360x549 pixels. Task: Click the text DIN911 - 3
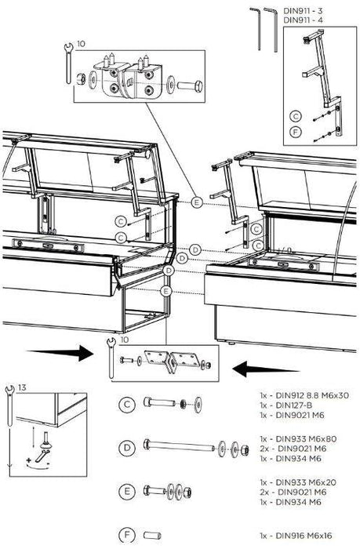303,10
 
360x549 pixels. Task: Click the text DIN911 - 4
303,20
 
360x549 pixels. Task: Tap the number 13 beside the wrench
22,387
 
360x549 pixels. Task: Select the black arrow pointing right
60,353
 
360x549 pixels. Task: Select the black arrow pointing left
266,369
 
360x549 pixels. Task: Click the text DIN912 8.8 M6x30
304,395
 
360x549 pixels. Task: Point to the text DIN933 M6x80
298,438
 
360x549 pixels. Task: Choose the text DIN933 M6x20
298,482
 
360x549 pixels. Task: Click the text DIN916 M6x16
296,536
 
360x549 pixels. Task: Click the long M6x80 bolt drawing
179,446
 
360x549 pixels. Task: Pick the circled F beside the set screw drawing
127,536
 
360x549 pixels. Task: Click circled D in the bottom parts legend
127,448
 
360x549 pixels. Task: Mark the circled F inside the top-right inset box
296,132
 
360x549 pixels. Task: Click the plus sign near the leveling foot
29,460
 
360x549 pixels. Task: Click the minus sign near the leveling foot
48,464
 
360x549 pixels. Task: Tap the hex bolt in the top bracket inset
190,85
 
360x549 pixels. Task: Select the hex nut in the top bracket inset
81,78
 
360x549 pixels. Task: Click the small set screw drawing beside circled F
152,536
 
